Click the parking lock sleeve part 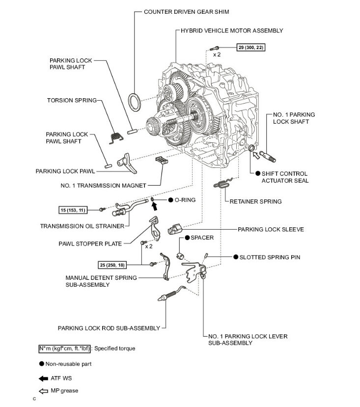click(175, 229)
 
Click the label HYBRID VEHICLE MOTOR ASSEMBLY click(232, 30)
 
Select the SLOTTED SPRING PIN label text click(270, 257)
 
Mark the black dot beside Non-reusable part click(42, 364)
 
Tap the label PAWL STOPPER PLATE click(91, 243)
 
